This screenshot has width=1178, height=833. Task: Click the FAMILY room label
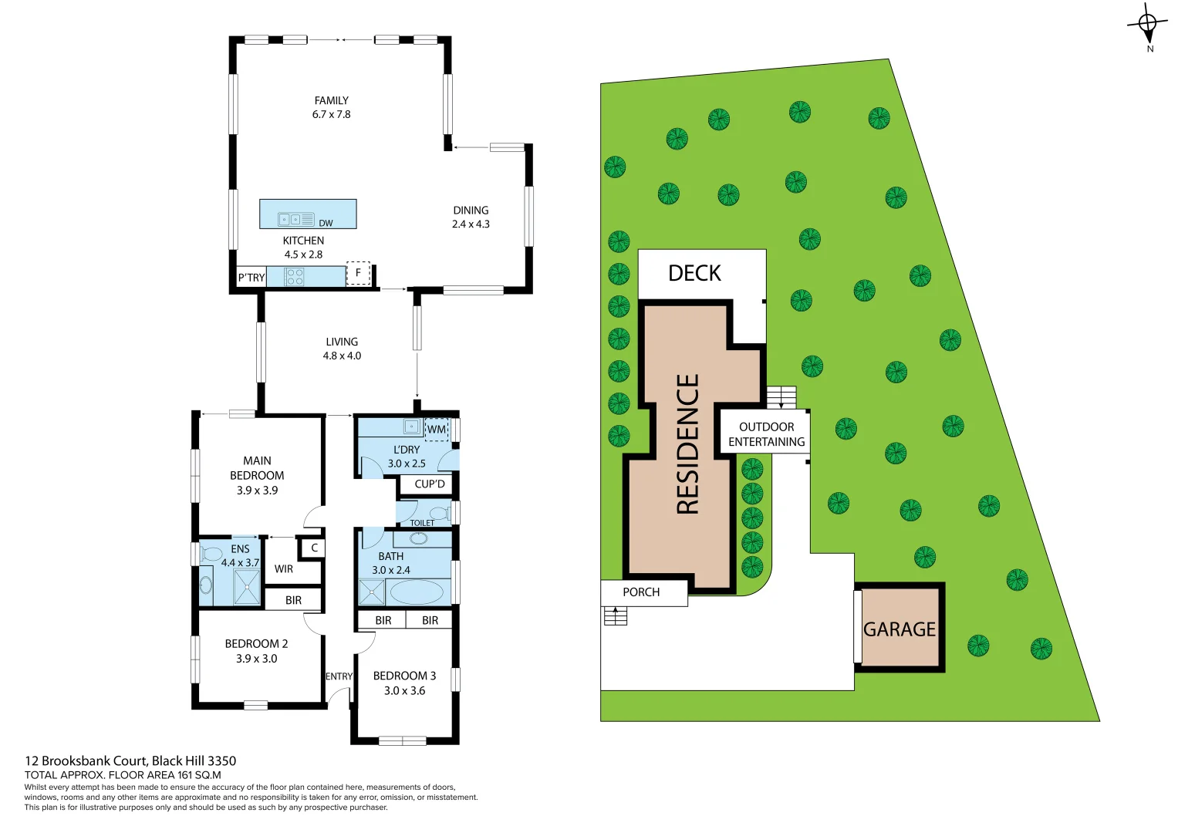(331, 101)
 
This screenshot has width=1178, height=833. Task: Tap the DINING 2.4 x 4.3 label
(471, 217)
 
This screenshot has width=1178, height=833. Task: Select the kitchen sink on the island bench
(290, 219)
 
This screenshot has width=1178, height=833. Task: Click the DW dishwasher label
(326, 223)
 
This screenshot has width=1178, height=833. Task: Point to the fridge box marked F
(358, 273)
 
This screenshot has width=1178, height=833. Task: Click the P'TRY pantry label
(251, 278)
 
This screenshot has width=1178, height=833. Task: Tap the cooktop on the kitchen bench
(294, 277)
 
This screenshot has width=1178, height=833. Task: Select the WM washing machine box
(437, 430)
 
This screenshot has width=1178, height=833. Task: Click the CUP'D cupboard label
(429, 484)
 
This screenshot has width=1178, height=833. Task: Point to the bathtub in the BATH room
(417, 592)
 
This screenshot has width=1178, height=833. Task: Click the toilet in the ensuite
(210, 553)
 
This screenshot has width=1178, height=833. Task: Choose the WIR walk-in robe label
(284, 569)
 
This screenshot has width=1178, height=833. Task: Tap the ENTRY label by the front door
(339, 676)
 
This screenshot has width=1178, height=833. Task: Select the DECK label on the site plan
(694, 273)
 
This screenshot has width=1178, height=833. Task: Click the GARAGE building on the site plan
(900, 628)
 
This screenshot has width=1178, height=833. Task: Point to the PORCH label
(641, 592)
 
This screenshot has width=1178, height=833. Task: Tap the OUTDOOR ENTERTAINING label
(766, 434)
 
